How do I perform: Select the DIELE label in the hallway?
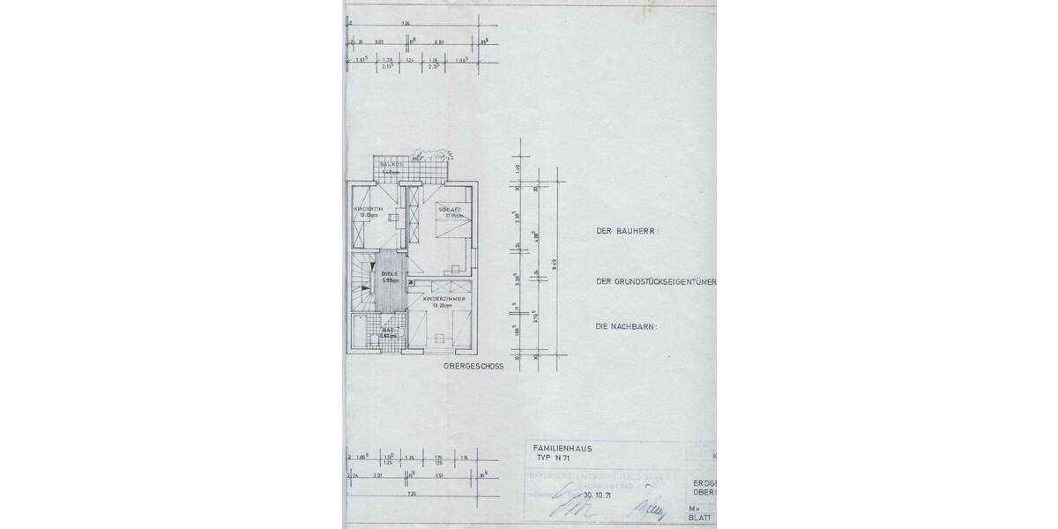390,274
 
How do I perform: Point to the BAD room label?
389,330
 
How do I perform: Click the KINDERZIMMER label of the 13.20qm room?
443,299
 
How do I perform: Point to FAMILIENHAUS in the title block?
563,448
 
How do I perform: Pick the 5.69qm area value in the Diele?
390,280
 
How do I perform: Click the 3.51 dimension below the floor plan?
439,474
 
